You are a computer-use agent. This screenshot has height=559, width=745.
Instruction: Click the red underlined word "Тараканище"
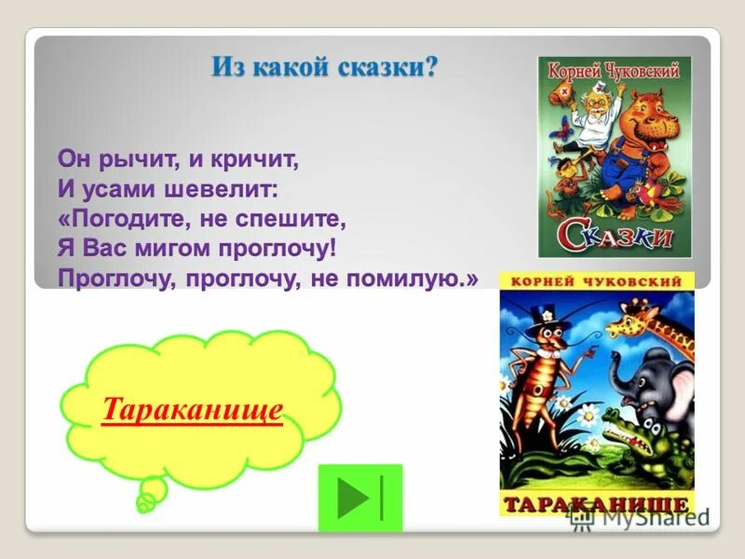(x=192, y=410)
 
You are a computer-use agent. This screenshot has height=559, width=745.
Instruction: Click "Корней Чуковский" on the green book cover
(x=614, y=71)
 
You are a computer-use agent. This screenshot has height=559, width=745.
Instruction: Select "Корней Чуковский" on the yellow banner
(x=597, y=280)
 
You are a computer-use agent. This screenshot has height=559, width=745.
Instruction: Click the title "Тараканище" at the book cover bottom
(x=597, y=504)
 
